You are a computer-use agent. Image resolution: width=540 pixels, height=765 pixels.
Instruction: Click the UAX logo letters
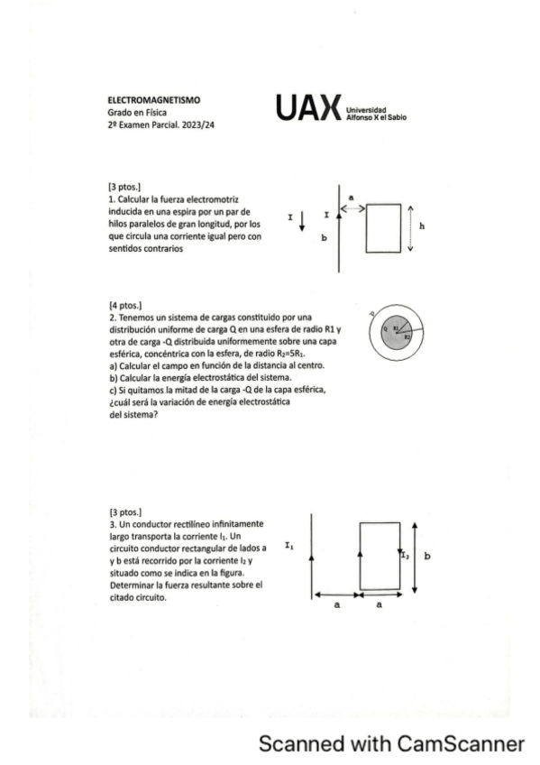308,107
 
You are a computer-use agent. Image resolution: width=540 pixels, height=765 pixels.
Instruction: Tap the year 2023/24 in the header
199,125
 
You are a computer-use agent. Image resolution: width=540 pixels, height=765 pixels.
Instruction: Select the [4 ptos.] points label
124,307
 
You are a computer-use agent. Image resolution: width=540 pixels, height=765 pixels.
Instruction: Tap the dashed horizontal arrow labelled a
352,207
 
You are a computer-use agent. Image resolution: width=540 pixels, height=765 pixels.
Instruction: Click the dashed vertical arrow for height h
411,229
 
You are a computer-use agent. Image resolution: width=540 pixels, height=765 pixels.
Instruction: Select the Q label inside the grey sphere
384,329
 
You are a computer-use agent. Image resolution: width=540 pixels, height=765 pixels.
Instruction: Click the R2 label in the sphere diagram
407,336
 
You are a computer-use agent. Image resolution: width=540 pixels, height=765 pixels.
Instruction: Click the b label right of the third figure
426,557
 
